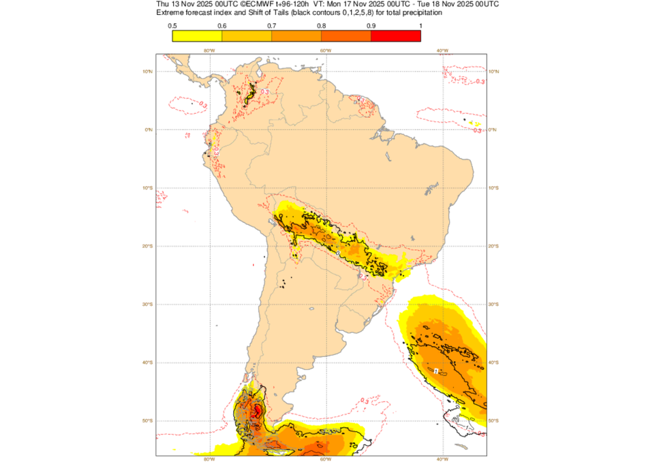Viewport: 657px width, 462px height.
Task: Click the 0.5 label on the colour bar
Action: (x=173, y=26)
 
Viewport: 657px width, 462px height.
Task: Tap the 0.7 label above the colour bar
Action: (x=272, y=26)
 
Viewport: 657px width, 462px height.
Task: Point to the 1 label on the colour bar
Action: (x=420, y=26)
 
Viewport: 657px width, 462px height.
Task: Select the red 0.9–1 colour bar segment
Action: (x=395, y=37)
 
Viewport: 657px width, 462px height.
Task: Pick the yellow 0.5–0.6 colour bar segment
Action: (x=198, y=37)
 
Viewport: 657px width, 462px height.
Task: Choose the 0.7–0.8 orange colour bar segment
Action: (x=296, y=37)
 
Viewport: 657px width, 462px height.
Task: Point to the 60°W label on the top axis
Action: (x=325, y=50)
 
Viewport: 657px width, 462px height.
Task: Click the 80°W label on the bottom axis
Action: (x=209, y=459)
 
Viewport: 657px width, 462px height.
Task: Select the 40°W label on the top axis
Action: (x=442, y=50)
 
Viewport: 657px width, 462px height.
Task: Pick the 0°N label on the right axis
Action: (x=493, y=129)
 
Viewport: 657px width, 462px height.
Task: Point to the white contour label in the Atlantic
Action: (x=436, y=371)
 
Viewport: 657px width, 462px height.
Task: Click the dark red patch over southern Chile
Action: (x=257, y=411)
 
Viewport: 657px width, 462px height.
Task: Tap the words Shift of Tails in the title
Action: (x=254, y=13)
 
